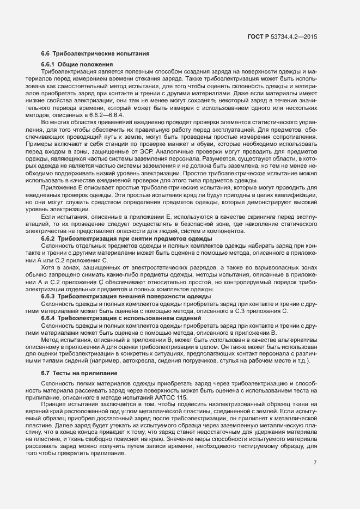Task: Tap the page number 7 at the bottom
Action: [315, 463]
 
